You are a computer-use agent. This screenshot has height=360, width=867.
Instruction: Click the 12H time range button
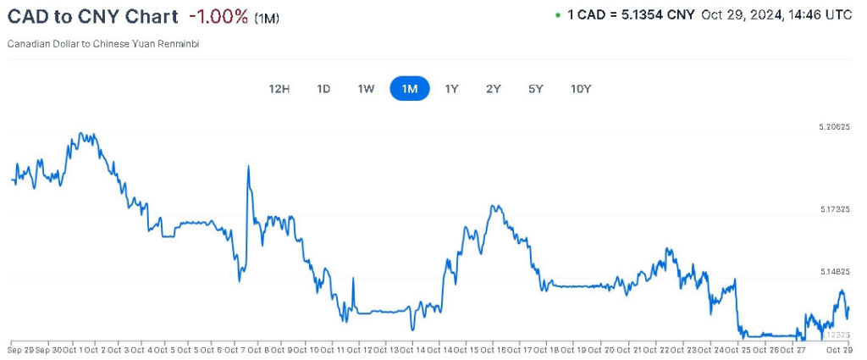279,89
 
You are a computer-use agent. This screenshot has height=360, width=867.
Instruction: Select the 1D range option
323,89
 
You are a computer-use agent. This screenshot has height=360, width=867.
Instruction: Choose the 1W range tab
366,89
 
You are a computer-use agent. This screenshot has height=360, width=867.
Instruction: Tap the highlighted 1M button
410,89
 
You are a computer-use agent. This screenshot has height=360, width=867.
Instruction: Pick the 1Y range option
452,89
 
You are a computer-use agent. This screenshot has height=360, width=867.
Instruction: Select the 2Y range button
494,89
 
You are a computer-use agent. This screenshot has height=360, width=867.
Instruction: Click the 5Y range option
535,89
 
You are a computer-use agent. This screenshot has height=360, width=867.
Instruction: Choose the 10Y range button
581,89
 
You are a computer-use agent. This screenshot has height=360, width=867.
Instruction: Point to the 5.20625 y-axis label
834,127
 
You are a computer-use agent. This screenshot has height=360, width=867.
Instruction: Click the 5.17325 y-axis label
834,208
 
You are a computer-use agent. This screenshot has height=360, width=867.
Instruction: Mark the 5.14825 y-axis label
834,272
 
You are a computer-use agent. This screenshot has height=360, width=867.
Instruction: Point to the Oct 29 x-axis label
837,349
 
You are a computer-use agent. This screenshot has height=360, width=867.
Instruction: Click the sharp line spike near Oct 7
248,167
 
